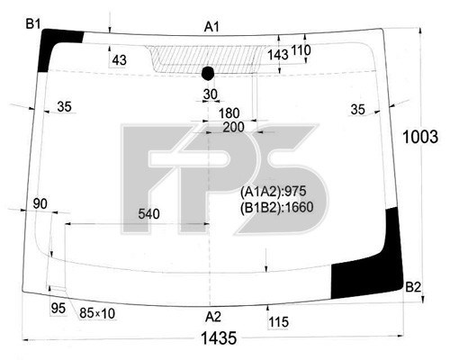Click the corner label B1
(32, 23)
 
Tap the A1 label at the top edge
(211, 27)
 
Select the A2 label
(212, 316)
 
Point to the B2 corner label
(412, 287)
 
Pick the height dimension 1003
(420, 137)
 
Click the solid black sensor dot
(209, 73)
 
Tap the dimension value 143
(278, 55)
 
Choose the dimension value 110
(301, 50)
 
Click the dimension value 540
(150, 214)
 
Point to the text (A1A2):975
(273, 191)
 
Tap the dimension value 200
(233, 128)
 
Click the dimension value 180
(229, 112)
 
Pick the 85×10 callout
(97, 313)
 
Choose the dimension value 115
(278, 321)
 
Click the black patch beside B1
(56, 50)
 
